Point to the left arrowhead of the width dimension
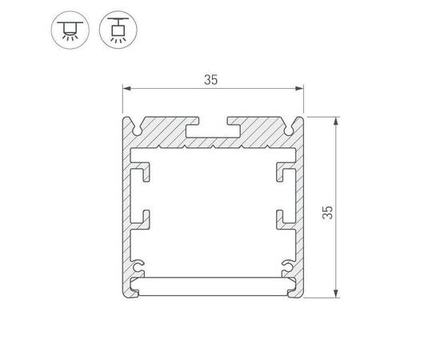click(125, 88)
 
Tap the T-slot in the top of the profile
click(213, 126)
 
